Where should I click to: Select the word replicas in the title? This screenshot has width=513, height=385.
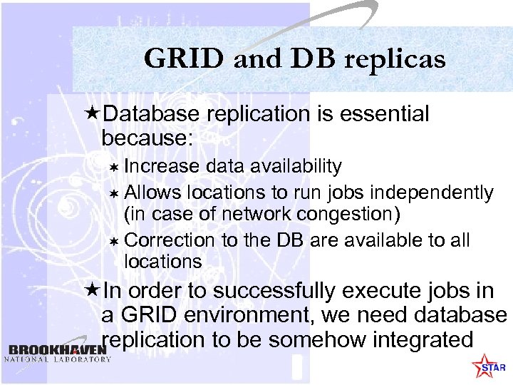tap(395, 60)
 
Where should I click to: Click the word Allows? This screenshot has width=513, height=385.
tap(152, 192)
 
